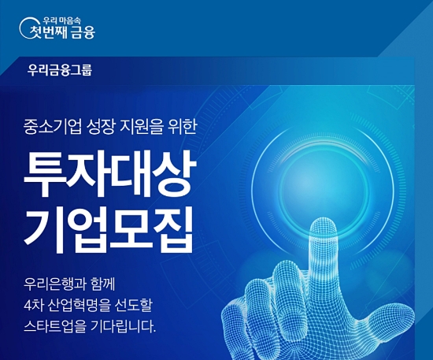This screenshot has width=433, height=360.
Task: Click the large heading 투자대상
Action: (x=109, y=167)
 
